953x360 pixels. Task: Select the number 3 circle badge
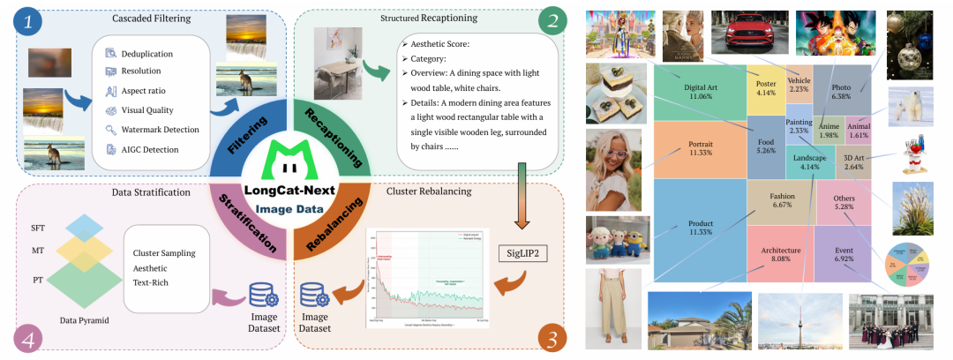coord(552,337)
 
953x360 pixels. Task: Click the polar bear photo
coord(911,106)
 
